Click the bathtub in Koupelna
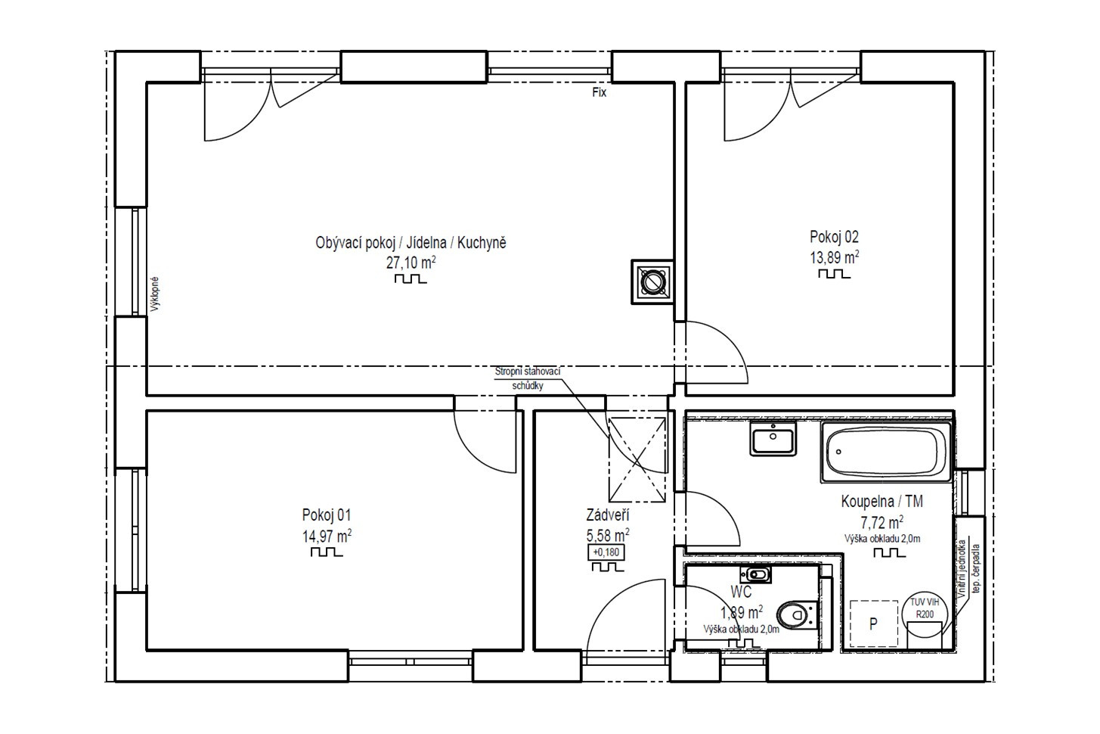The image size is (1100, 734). [x=887, y=452]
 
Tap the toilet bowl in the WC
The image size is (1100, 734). [x=797, y=614]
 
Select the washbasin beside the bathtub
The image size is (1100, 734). [x=773, y=438]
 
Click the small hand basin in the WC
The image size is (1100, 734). [x=755, y=574]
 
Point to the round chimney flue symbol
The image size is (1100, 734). [x=652, y=282]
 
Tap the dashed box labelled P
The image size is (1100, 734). [x=874, y=624]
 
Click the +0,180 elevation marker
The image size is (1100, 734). [x=606, y=552]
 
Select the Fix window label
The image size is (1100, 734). [x=599, y=92]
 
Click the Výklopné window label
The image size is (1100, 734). [x=155, y=294]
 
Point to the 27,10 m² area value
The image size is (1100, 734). [x=411, y=262]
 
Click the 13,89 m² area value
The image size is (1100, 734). [x=835, y=257]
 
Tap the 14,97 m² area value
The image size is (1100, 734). [x=327, y=536]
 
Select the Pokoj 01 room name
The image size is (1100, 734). [x=327, y=515]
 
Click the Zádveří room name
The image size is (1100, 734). [x=607, y=515]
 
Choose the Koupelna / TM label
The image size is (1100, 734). [x=882, y=501]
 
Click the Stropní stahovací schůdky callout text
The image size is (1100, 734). [x=528, y=378]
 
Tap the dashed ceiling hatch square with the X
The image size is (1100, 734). [x=637, y=459]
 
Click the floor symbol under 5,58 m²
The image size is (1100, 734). [x=607, y=567]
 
